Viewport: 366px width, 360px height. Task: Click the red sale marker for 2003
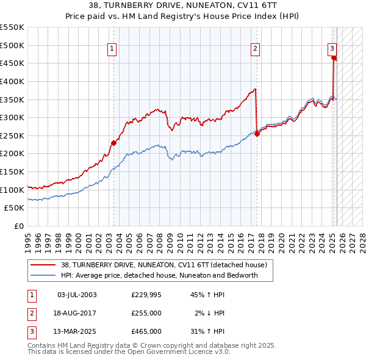pyautogui.click(x=113, y=143)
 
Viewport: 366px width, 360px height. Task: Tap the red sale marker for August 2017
pyautogui.click(x=257, y=134)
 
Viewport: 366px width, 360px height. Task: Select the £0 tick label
pyautogui.click(x=19, y=226)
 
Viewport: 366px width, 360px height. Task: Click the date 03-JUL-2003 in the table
pyautogui.click(x=77, y=295)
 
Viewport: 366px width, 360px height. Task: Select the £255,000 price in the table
pyautogui.click(x=146, y=313)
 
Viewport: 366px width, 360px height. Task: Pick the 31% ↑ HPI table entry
pyautogui.click(x=207, y=331)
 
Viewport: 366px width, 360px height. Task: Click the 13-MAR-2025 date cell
pyautogui.click(x=77, y=331)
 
